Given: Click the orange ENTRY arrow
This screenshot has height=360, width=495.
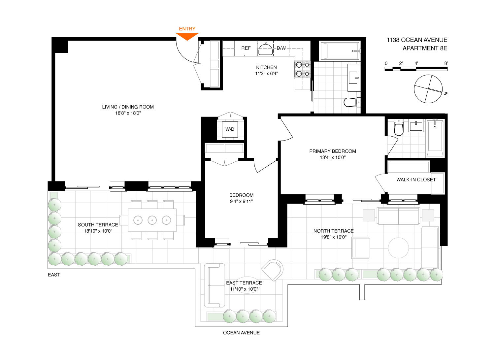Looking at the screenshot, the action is click(x=187, y=36).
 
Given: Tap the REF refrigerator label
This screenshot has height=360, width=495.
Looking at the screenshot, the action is click(x=246, y=48).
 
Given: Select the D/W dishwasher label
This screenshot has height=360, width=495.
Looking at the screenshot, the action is click(x=281, y=48).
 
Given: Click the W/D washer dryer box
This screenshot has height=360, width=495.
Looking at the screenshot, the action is click(x=230, y=129).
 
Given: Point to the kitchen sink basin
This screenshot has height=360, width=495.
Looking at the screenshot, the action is click(x=265, y=49).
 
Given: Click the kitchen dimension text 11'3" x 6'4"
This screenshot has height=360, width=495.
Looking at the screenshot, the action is click(x=267, y=74).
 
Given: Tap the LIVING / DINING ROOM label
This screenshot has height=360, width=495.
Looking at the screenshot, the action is click(x=128, y=107).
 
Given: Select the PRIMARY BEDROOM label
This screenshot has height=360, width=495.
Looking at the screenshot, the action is click(x=333, y=151).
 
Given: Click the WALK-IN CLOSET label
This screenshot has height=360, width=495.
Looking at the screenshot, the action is click(x=416, y=180).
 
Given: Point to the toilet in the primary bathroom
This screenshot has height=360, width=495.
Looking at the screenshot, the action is click(x=399, y=127).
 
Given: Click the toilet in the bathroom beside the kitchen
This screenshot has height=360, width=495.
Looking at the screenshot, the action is click(x=352, y=102).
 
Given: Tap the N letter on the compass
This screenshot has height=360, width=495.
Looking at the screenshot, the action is click(x=446, y=94).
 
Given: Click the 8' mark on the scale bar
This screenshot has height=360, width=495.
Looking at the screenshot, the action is click(x=446, y=63).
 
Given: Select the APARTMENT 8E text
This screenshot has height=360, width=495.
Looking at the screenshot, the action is click(x=425, y=48).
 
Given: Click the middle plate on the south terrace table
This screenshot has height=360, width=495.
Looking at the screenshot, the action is click(x=152, y=220).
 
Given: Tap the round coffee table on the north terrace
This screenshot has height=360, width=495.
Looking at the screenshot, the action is click(x=398, y=248).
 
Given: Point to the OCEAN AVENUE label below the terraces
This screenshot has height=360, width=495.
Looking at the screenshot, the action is click(x=241, y=333).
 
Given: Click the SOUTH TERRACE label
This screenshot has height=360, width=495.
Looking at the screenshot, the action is click(x=98, y=225).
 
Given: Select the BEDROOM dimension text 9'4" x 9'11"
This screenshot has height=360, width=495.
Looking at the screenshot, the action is click(x=241, y=201).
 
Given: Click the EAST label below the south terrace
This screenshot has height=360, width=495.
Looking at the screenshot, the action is click(x=54, y=275).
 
